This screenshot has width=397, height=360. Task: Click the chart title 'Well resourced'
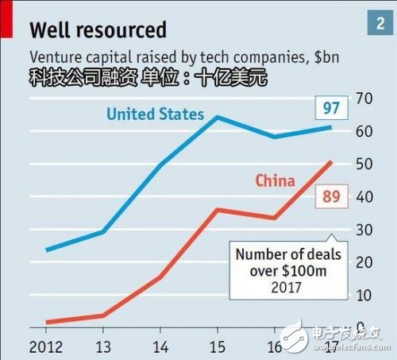98,29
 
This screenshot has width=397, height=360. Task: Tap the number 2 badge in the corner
376,23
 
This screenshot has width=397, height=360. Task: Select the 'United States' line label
156,114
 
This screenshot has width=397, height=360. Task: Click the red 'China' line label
276,180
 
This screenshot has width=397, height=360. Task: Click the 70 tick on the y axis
366,99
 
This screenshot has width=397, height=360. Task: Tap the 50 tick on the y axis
366,164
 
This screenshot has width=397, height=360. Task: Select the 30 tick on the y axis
366,230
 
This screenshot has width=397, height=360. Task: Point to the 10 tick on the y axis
366,295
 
